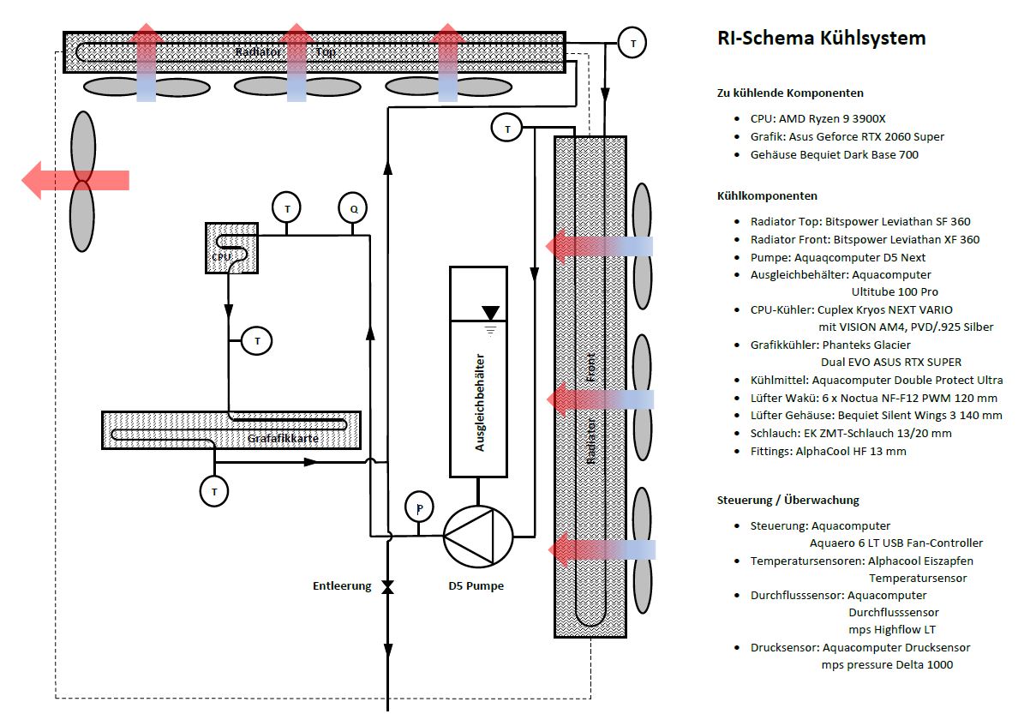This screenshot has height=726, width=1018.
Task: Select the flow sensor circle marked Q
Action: pyautogui.click(x=352, y=207)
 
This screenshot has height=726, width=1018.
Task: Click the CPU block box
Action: pyautogui.click(x=231, y=248)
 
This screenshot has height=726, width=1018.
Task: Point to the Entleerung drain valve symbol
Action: pyautogui.click(x=387, y=587)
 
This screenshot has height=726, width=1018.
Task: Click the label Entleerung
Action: pyautogui.click(x=342, y=586)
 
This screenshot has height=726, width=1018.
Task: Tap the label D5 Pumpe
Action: pyautogui.click(x=476, y=586)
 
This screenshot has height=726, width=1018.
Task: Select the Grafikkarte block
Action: pyautogui.click(x=231, y=429)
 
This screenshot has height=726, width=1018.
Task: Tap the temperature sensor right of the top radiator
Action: pyautogui.click(x=632, y=42)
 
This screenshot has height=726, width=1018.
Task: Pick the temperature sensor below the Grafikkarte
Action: pyautogui.click(x=214, y=491)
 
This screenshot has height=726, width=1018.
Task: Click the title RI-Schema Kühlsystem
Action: pyautogui.click(x=821, y=39)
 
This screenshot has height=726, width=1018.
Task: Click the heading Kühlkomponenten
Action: pyautogui.click(x=767, y=196)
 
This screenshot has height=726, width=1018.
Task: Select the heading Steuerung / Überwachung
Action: pyautogui.click(x=787, y=500)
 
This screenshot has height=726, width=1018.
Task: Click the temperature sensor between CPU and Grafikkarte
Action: pyautogui.click(x=256, y=340)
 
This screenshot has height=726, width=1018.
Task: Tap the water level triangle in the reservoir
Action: pyautogui.click(x=491, y=313)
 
